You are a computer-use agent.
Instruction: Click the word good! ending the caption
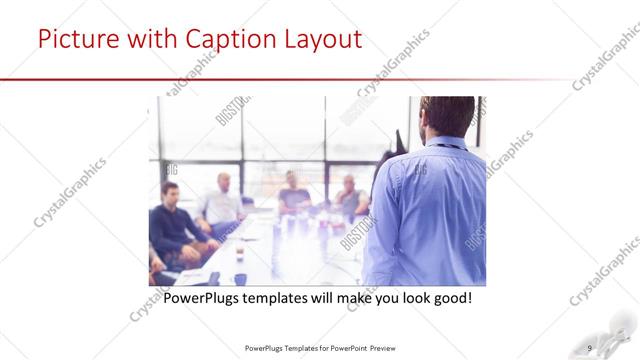[449, 298]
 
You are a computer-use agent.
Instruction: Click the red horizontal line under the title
[300, 79]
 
